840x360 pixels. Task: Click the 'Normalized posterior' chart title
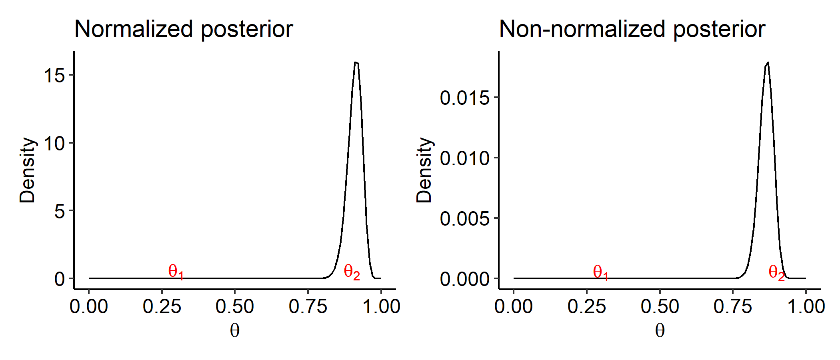184,29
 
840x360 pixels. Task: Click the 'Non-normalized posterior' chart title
632,29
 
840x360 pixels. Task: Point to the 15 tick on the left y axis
54,75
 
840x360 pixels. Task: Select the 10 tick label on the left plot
54,143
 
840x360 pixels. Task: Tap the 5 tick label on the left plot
60,211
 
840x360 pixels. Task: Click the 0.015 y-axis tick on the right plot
464,98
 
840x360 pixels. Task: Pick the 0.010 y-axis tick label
464,158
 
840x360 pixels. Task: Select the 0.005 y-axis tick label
464,218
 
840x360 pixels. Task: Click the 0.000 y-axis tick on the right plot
464,279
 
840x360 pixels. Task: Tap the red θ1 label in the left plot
176,272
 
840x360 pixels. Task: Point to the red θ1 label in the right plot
600,272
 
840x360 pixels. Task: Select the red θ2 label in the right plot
776,273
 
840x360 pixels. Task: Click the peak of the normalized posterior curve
356,62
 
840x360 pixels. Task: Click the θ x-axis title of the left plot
235,331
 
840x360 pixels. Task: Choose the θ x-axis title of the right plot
660,331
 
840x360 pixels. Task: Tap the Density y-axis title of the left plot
27,170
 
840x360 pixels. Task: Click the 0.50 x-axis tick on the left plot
235,307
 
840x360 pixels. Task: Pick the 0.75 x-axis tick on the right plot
733,307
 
